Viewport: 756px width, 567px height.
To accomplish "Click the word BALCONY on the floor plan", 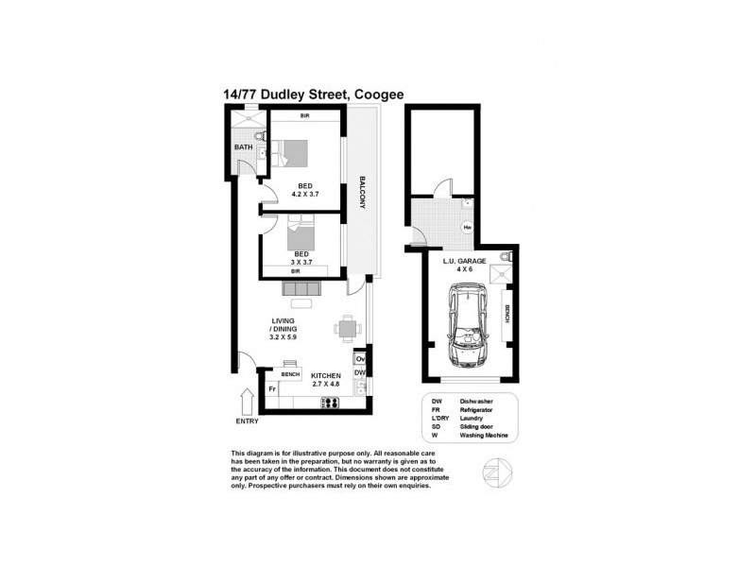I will tap(362, 197).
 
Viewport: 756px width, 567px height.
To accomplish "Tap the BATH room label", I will tap(244, 147).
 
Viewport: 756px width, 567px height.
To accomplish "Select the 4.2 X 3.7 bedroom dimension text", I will tap(304, 196).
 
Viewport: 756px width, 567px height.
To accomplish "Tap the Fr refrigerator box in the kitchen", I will tap(272, 388).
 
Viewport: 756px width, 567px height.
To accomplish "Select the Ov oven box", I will tap(360, 360).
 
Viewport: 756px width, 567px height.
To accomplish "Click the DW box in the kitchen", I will tap(360, 374).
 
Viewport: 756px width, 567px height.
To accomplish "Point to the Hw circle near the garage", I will tap(467, 228).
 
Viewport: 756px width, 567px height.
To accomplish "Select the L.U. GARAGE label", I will tap(464, 260).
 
